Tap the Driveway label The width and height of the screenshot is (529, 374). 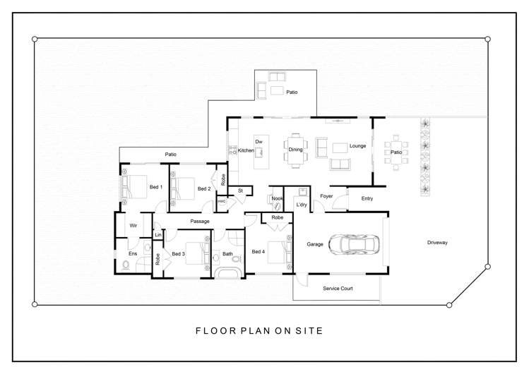click(x=437, y=243)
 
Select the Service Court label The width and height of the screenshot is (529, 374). click(x=338, y=289)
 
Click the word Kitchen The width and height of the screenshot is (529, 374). click(x=246, y=150)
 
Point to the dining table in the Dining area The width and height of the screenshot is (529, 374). click(x=295, y=150)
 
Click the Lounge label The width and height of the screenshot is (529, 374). click(x=357, y=146)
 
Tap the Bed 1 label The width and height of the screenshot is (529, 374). click(x=156, y=187)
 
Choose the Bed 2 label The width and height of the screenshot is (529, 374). click(x=204, y=188)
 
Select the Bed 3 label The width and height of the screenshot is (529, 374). click(x=178, y=254)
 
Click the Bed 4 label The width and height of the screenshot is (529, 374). click(x=258, y=252)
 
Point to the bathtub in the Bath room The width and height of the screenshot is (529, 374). click(x=229, y=272)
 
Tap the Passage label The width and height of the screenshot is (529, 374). click(x=200, y=222)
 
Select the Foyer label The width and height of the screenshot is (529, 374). click(x=326, y=196)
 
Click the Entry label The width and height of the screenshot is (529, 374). click(x=367, y=198)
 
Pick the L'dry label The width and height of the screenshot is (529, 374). click(x=302, y=205)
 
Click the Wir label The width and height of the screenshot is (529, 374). click(x=133, y=226)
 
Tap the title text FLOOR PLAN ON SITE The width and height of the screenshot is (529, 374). click(x=259, y=330)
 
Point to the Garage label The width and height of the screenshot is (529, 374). click(x=315, y=244)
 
